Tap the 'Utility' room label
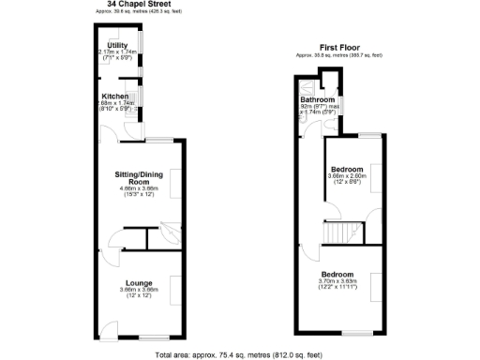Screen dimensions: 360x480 [x=117, y=44]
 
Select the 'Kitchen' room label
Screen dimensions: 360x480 [x=115, y=95]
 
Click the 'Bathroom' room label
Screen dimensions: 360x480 [x=318, y=99]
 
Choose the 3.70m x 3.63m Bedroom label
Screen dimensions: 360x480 [x=337, y=275]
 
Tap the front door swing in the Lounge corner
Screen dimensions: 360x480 [x=110, y=329]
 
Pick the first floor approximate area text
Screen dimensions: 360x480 [x=338, y=54]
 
